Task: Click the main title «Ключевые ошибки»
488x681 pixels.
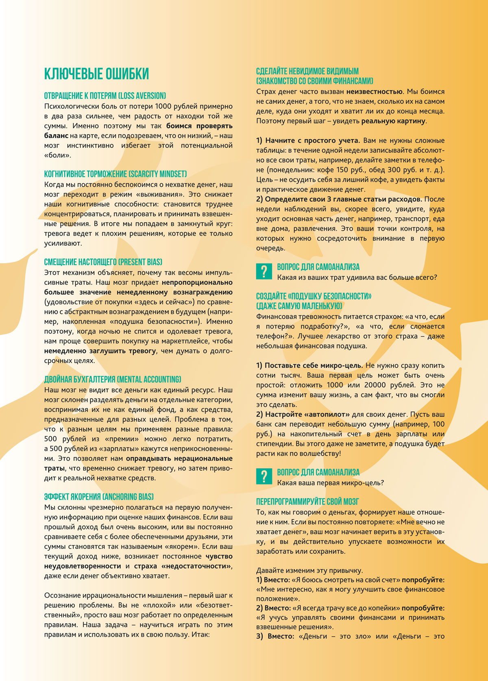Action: coord(96,74)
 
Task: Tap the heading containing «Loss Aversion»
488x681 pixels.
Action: coord(105,96)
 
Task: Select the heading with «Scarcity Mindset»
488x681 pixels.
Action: coord(115,174)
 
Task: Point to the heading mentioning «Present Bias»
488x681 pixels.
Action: coord(103,262)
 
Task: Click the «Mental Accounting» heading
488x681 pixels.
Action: coord(113,380)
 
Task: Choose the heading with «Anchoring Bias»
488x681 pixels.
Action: coord(99,497)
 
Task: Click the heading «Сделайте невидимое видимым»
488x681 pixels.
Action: coord(307,71)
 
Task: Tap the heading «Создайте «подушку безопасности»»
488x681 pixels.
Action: coord(314,296)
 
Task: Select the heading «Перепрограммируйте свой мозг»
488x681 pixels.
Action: coord(307,502)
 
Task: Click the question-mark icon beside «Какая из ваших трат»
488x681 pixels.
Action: coord(264,271)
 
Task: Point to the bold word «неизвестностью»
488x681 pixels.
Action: coord(374,92)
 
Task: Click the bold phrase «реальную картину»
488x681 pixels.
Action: coord(393,121)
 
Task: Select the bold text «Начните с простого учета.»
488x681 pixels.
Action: coord(308,141)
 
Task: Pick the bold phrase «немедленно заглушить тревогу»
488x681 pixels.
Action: coord(100,351)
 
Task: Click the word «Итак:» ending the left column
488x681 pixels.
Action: coord(200,635)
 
